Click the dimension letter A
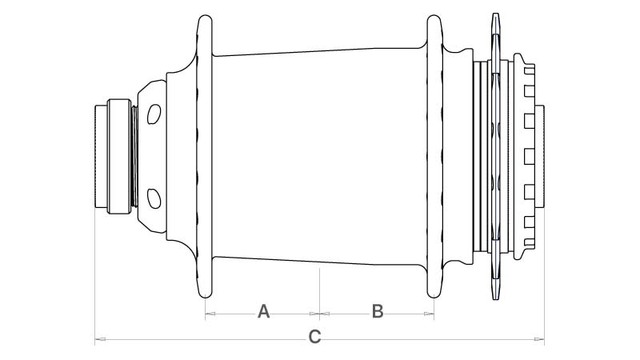(x=264, y=311)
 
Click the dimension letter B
(x=378, y=311)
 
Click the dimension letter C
(x=314, y=337)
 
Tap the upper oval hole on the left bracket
(x=154, y=114)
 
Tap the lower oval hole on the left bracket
(x=154, y=198)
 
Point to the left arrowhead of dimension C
(x=100, y=338)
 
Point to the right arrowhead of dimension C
(x=539, y=338)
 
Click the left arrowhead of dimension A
(x=210, y=314)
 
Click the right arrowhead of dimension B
(x=429, y=314)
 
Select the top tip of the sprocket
(x=495, y=14)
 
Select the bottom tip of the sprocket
(x=495, y=299)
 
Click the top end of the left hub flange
(x=205, y=16)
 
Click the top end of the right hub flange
(x=434, y=16)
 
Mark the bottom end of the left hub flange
(x=205, y=297)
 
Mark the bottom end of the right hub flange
(x=434, y=297)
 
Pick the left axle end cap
(x=101, y=157)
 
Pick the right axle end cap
(x=539, y=157)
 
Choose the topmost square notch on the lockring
(x=530, y=70)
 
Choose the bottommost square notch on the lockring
(x=530, y=243)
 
